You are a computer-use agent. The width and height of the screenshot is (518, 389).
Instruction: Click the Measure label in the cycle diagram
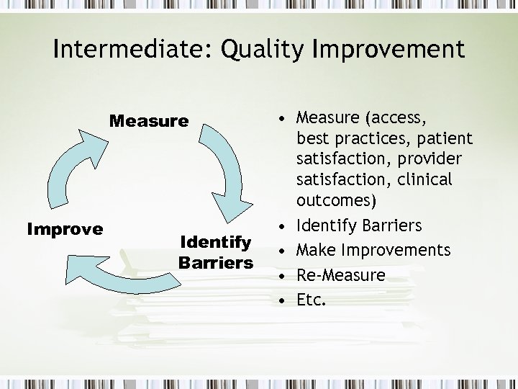point(148,121)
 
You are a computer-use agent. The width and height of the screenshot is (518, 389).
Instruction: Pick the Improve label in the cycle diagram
point(65,229)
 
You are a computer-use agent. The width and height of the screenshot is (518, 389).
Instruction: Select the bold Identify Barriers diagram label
point(215,252)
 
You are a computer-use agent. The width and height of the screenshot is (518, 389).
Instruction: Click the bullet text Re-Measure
point(340,274)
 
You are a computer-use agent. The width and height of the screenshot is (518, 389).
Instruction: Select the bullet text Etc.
point(311,299)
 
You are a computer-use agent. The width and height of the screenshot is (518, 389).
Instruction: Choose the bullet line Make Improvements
point(373,250)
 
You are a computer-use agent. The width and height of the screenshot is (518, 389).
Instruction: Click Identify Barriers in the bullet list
point(359,225)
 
